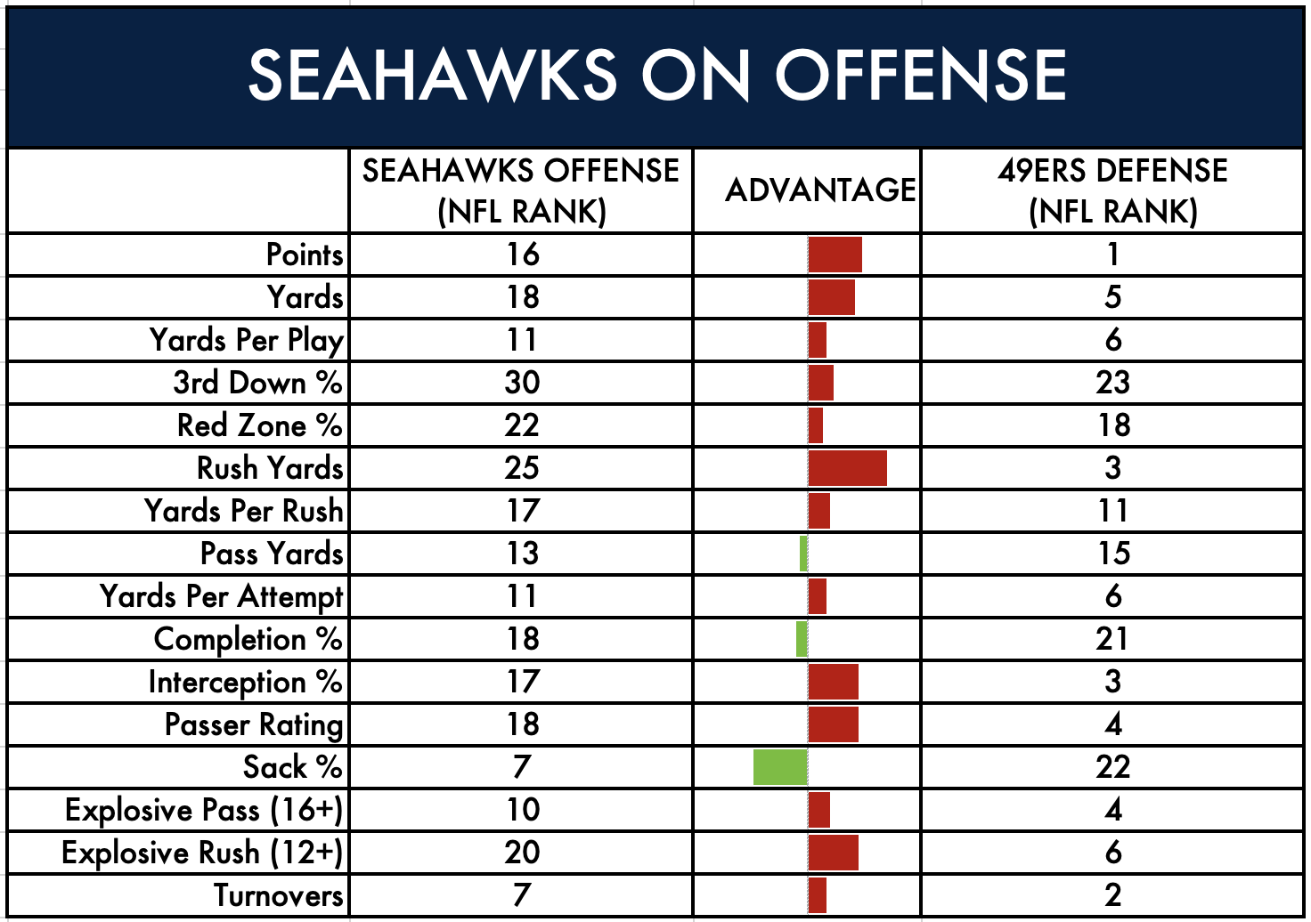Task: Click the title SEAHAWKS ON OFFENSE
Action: point(656,75)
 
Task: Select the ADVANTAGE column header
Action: point(819,190)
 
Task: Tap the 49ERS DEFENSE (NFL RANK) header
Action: point(1112,190)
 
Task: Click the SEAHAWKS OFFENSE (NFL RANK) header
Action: point(521,190)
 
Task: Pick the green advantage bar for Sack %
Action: point(780,767)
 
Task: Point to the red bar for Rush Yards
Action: point(847,468)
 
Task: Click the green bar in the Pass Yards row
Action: point(803,554)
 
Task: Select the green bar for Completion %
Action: point(802,639)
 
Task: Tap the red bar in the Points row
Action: point(835,255)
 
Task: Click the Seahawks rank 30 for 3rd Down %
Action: point(522,383)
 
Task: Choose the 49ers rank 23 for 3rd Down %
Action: point(1112,383)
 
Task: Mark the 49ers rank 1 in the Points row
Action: point(1112,255)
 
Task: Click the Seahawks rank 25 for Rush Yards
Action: point(522,468)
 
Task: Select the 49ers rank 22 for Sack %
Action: point(1112,767)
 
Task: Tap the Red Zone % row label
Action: point(259,425)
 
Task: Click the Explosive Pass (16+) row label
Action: point(204,810)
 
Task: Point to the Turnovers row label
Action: point(278,895)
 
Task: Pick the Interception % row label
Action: point(245,682)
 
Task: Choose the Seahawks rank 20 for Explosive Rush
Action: point(522,853)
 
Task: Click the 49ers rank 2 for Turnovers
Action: point(1112,895)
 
